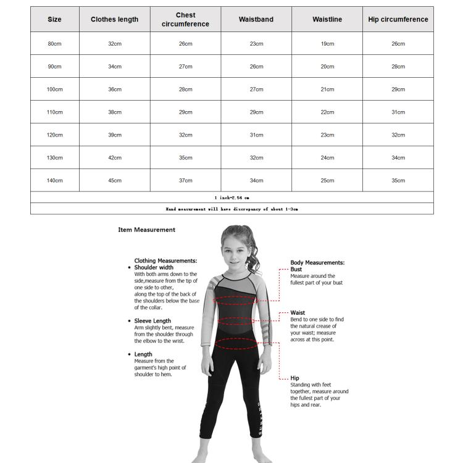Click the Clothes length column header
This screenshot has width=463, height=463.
[114, 20]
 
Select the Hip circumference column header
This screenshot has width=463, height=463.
[398, 20]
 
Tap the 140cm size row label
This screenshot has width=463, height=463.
[55, 180]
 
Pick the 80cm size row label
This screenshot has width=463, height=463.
[55, 44]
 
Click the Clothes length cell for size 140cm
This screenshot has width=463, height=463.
[115, 180]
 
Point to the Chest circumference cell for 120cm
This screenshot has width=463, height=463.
[186, 135]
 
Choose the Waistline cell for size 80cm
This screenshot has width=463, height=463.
[327, 44]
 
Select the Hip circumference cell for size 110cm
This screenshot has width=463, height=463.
[398, 112]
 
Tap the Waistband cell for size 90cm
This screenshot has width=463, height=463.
[256, 67]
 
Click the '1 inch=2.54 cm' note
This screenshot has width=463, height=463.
[231, 198]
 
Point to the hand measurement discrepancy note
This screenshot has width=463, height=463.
[231, 209]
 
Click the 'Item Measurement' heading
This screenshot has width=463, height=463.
[146, 230]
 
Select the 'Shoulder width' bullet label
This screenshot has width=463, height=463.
[154, 267]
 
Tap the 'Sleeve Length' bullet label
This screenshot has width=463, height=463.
[152, 321]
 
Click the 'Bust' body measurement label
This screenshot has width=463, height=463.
[296, 269]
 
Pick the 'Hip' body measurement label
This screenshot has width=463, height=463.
[294, 378]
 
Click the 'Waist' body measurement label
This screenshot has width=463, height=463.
[298, 312]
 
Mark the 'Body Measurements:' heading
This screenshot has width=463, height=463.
[317, 262]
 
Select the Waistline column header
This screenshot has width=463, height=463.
[327, 20]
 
